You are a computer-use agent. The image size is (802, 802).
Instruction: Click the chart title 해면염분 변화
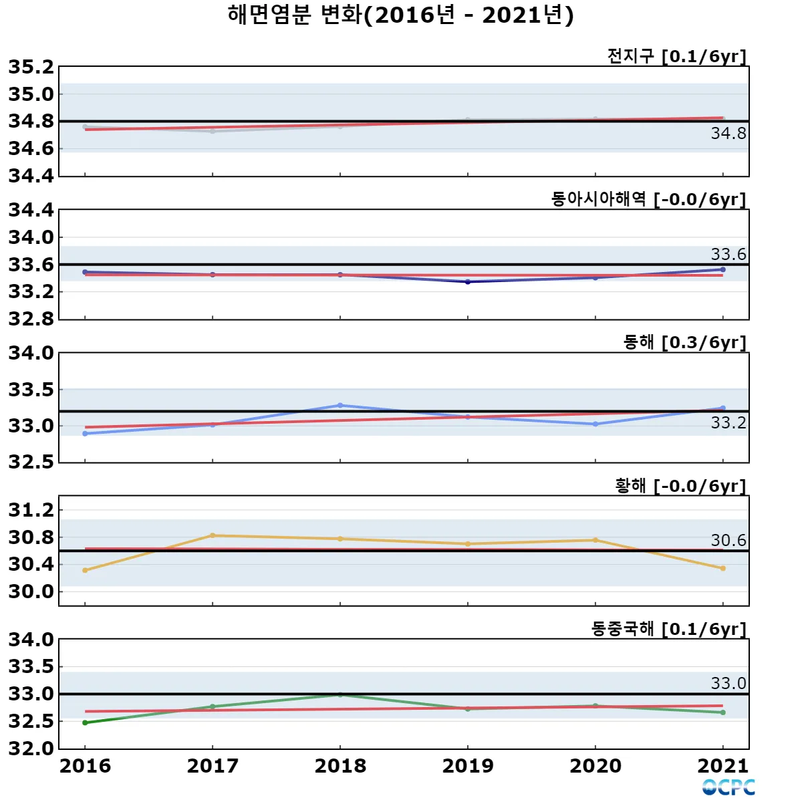[400, 15]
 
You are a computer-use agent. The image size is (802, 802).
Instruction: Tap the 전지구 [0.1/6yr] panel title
[676, 56]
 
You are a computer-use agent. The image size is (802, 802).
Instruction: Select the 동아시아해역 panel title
[648, 199]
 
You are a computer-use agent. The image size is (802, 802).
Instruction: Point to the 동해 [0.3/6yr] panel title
[684, 342]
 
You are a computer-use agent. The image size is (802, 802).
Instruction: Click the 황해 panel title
[680, 486]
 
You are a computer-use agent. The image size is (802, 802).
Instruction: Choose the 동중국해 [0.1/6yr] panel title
[668, 629]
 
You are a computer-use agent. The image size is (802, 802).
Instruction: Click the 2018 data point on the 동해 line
[340, 406]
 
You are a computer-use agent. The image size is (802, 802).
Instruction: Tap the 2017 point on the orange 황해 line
[213, 535]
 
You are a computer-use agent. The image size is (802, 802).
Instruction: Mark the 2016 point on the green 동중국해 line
[85, 722]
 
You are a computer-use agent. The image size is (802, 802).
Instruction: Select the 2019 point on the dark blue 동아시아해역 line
[468, 282]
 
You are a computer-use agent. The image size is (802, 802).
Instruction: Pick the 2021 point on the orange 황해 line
[723, 569]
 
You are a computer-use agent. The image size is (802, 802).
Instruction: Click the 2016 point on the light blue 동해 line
[85, 434]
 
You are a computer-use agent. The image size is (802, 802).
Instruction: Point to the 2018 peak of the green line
[340, 695]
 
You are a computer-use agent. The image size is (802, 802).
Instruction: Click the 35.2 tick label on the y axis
[31, 67]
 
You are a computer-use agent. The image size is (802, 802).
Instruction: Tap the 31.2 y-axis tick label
[31, 510]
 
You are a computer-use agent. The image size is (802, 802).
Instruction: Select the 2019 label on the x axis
[468, 766]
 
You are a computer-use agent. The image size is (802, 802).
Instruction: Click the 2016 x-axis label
[85, 766]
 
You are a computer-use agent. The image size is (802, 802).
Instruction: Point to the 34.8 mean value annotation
[728, 134]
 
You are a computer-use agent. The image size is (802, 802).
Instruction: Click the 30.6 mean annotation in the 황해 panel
[728, 540]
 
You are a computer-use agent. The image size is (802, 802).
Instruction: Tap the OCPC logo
[728, 787]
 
